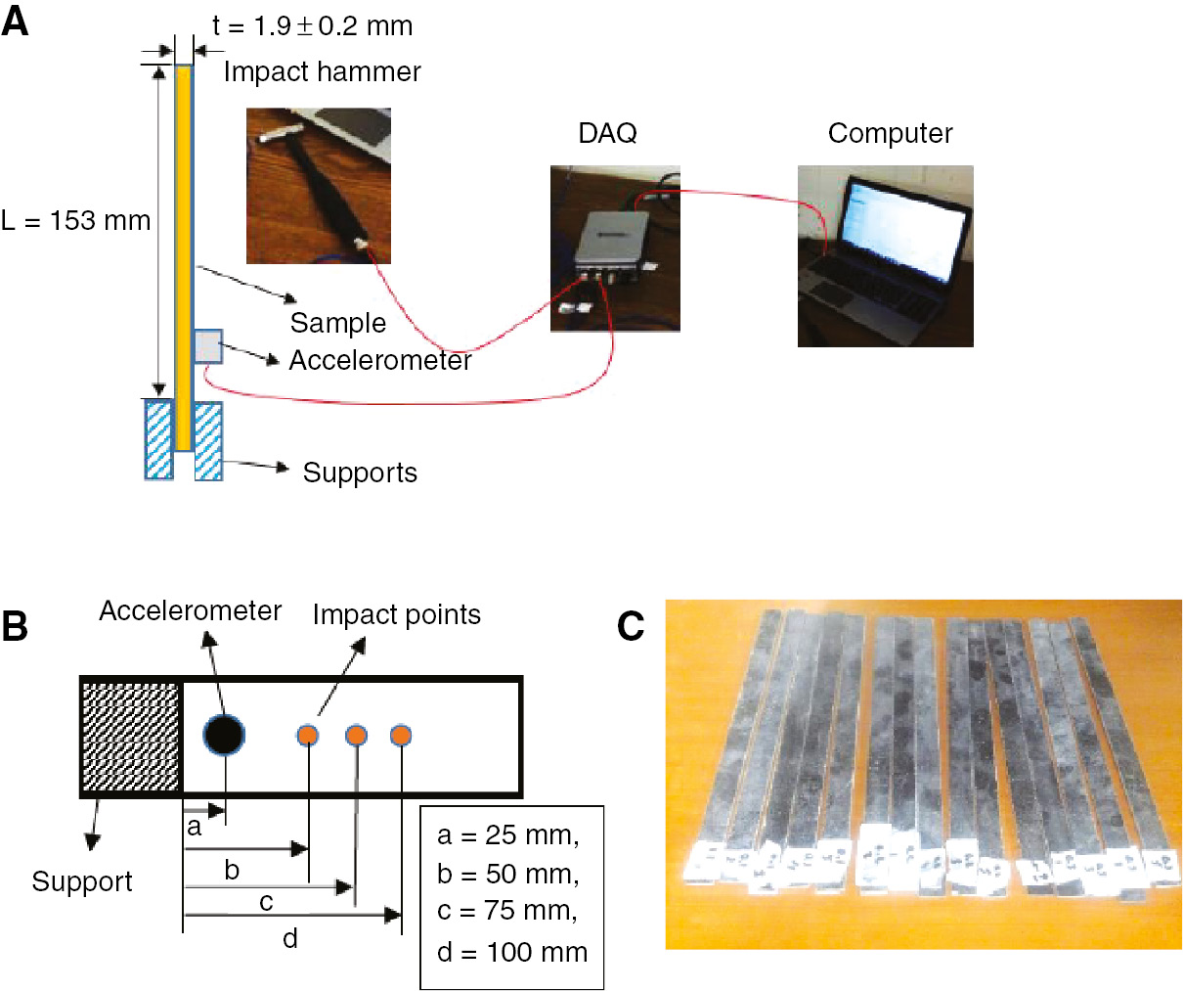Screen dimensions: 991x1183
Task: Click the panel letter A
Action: tap(16, 21)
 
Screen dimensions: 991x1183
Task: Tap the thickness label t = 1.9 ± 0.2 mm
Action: tap(313, 26)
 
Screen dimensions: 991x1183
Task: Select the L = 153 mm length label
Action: tap(75, 221)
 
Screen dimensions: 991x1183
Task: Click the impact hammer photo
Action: tap(318, 185)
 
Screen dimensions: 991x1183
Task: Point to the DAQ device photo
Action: tap(614, 248)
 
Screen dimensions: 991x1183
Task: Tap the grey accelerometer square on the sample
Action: tap(208, 346)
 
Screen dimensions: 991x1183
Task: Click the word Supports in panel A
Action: tap(360, 473)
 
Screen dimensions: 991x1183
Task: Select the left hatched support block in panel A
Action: tap(158, 439)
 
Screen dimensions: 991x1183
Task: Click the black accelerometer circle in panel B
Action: tap(224, 735)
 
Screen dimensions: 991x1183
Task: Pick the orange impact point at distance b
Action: tap(308, 735)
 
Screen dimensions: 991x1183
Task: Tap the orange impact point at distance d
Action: tap(400, 735)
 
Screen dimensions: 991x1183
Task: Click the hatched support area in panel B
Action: tap(131, 736)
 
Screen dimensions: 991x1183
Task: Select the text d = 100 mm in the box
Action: tap(512, 952)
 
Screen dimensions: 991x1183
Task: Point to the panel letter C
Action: tap(631, 626)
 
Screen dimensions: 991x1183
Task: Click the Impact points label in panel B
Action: tap(396, 614)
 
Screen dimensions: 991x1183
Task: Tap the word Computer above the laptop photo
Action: tap(890, 133)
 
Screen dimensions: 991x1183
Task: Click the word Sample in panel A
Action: tap(337, 323)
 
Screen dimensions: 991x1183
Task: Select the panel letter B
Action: tap(15, 626)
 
